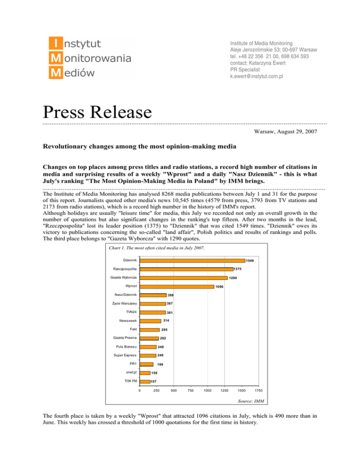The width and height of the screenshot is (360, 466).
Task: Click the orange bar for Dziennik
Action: [193, 260]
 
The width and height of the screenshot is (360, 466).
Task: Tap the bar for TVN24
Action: [154, 312]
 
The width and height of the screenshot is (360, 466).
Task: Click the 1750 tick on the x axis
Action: [257, 391]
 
